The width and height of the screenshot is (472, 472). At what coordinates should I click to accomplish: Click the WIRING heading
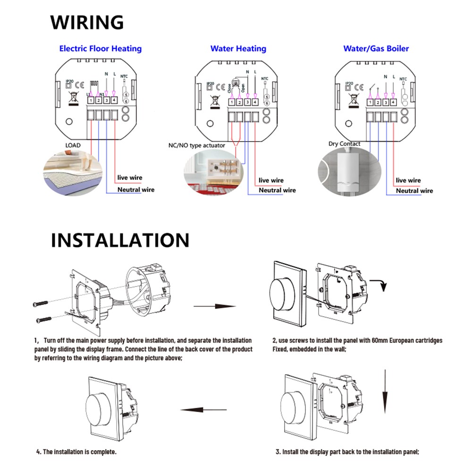click(87, 22)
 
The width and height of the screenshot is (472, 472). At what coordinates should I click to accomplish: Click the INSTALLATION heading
click(120, 240)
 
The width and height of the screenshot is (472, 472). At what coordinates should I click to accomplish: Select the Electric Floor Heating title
click(100, 49)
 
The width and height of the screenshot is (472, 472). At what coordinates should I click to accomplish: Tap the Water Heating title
click(238, 49)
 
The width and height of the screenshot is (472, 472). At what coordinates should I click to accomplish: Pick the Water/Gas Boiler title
click(376, 49)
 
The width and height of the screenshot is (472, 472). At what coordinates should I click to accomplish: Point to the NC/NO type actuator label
click(197, 145)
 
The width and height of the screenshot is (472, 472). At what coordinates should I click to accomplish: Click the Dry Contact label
click(344, 144)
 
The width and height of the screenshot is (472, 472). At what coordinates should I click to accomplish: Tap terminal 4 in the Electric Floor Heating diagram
click(114, 100)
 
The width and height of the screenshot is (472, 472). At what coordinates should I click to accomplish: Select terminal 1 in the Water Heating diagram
click(232, 102)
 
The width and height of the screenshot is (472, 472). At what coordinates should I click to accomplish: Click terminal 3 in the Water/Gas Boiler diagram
click(386, 102)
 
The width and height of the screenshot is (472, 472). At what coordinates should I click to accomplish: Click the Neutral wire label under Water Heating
click(277, 190)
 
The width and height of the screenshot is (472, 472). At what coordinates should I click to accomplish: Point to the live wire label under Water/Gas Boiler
click(408, 180)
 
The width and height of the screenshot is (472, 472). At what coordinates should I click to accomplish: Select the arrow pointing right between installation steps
click(215, 306)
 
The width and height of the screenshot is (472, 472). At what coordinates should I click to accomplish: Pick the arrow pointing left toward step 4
click(201, 410)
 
